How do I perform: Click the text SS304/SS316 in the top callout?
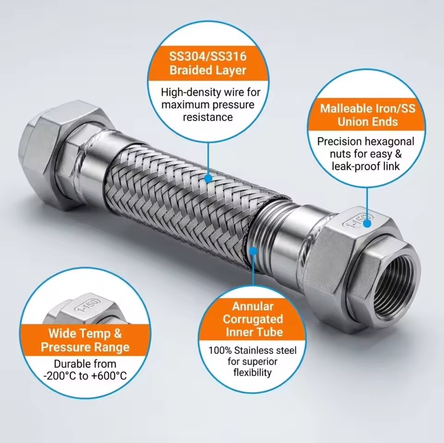coord(208,56)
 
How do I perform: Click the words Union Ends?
coord(368,122)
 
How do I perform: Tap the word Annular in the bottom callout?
coord(253,306)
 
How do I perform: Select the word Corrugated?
coord(253,319)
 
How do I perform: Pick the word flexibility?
coord(253,373)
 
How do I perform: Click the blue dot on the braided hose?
coord(208,179)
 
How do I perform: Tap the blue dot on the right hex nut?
coord(367,224)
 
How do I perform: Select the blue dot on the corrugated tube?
coord(253,251)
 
